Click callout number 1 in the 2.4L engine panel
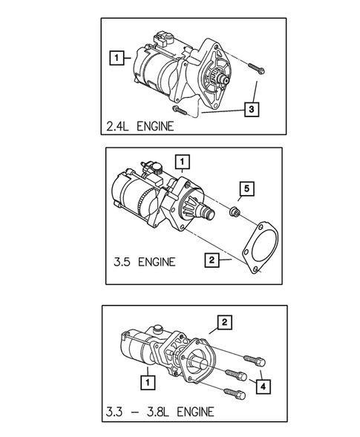pos(115,55)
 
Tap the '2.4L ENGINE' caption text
pos(140,125)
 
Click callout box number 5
pos(246,188)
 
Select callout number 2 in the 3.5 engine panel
pos(212,260)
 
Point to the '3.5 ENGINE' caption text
pos(145,261)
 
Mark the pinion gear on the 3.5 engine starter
pos(203,211)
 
